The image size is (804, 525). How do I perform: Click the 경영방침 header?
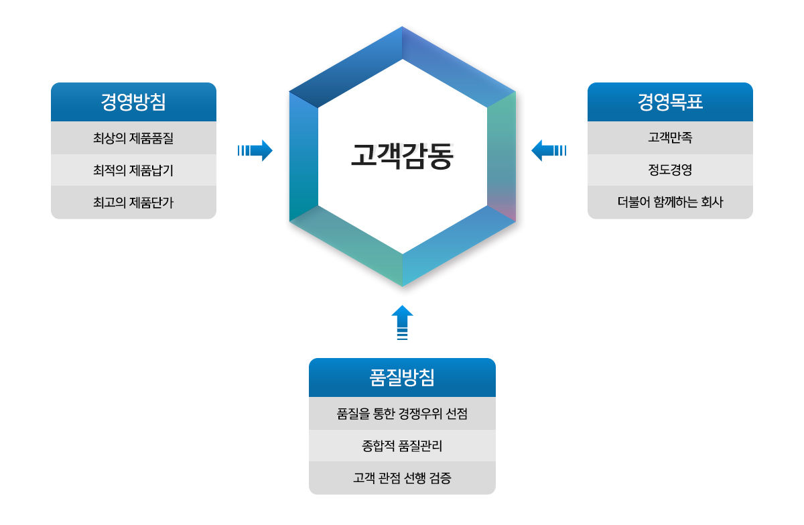tap(133, 102)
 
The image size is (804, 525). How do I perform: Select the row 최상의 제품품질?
tap(133, 138)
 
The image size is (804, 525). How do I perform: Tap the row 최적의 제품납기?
tap(133, 170)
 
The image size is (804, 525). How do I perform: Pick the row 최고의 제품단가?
tap(133, 202)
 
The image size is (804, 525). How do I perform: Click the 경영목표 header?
tap(670, 102)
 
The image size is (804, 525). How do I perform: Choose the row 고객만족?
tap(670, 138)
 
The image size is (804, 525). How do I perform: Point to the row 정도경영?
tap(670, 170)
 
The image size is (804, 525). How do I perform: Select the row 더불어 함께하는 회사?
tap(670, 202)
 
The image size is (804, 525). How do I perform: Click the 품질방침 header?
tap(402, 377)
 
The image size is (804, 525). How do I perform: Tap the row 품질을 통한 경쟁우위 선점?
tap(402, 413)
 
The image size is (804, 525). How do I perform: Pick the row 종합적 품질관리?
tap(402, 446)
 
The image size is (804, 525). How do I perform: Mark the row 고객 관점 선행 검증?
tap(402, 478)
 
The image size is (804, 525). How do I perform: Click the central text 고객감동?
tap(402, 156)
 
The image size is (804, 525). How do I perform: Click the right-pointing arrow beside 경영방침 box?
tap(255, 150)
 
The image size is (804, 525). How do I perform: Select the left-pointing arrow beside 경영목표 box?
tap(549, 150)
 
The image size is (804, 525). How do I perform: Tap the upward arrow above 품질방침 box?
tap(403, 323)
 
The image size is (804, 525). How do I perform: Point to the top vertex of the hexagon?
tap(403, 27)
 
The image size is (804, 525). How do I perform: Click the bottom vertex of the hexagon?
tap(403, 286)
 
